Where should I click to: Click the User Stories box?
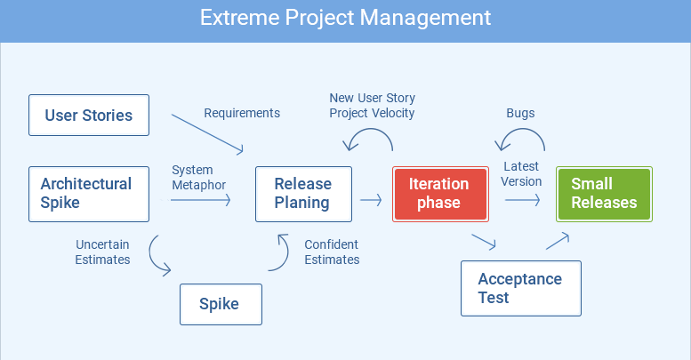pos(89,115)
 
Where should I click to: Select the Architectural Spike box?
pos(89,194)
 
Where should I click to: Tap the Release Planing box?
pos(303,194)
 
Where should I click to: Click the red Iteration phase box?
pos(441,194)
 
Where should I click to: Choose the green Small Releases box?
pos(604,194)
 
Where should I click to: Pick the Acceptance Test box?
pos(521,288)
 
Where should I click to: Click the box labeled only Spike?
pos(221,305)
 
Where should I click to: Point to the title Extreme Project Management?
pos(345,18)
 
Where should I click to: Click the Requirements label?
pos(242,113)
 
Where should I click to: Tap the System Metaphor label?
pos(198,178)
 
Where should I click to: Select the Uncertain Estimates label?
pos(102,252)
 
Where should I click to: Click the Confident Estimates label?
pos(332,252)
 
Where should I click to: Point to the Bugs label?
pos(520,113)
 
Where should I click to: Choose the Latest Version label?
pos(521,174)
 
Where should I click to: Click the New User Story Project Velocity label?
pos(373,105)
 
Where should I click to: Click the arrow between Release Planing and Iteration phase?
pos(371,200)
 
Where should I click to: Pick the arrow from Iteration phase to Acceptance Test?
pos(484,242)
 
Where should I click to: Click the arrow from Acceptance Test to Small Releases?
pos(558,242)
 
